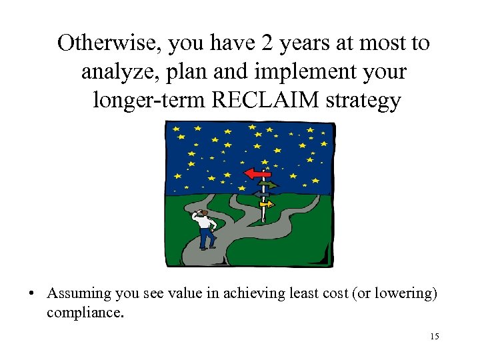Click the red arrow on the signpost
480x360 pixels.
[x=257, y=173]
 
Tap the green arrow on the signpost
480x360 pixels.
[x=270, y=185]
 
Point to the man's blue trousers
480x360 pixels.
[x=207, y=237]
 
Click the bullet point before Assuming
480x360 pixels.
[x=31, y=294]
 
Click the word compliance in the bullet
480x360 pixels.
[x=85, y=312]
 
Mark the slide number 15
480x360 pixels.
[x=434, y=337]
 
